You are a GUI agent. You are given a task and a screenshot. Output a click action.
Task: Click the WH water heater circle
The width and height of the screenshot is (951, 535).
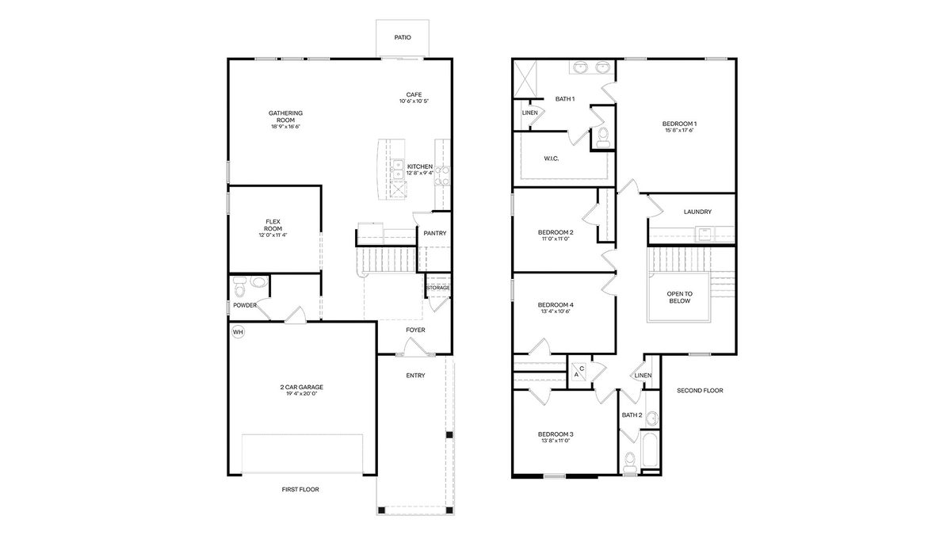tap(239, 332)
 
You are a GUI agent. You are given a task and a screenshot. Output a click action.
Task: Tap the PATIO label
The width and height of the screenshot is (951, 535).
tap(403, 37)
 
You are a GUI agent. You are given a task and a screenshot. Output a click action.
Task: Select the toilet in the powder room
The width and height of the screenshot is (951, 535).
tap(240, 287)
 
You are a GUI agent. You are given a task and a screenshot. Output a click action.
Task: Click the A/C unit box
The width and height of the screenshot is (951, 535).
tap(579, 372)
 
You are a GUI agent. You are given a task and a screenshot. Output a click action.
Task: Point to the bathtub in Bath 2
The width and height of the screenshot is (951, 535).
tap(651, 449)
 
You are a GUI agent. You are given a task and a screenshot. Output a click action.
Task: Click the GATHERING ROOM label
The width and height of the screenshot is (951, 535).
tap(286, 117)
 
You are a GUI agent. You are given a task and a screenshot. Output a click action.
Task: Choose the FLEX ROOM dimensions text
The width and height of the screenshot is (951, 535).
tap(273, 235)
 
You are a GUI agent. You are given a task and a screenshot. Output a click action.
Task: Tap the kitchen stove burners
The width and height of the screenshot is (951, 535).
tap(442, 176)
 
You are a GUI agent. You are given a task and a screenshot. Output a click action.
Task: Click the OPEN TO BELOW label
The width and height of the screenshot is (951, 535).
tap(679, 297)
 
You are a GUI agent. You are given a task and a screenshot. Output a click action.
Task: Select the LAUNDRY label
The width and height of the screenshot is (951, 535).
tap(697, 212)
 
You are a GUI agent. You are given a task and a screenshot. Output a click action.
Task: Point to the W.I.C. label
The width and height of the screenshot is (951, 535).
tap(552, 159)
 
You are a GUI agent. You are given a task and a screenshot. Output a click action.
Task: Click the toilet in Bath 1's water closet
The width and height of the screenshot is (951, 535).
tap(603, 136)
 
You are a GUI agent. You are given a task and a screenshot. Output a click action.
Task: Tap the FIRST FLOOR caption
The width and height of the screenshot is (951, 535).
tap(300, 489)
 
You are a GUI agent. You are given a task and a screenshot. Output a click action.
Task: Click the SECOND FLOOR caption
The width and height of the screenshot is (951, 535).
tap(700, 390)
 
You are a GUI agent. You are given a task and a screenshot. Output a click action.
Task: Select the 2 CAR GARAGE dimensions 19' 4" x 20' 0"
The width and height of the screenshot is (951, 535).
tap(302, 394)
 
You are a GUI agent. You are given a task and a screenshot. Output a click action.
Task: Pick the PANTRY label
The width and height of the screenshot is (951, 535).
tap(435, 233)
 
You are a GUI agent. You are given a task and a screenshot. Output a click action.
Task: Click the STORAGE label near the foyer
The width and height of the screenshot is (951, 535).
tap(437, 288)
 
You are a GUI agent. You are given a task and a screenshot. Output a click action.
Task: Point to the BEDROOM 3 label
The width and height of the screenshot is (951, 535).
tap(556, 434)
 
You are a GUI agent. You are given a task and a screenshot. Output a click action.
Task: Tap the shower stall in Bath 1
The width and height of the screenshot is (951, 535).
tap(525, 79)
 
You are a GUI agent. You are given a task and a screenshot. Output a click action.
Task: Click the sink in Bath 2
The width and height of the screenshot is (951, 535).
tap(651, 418)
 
